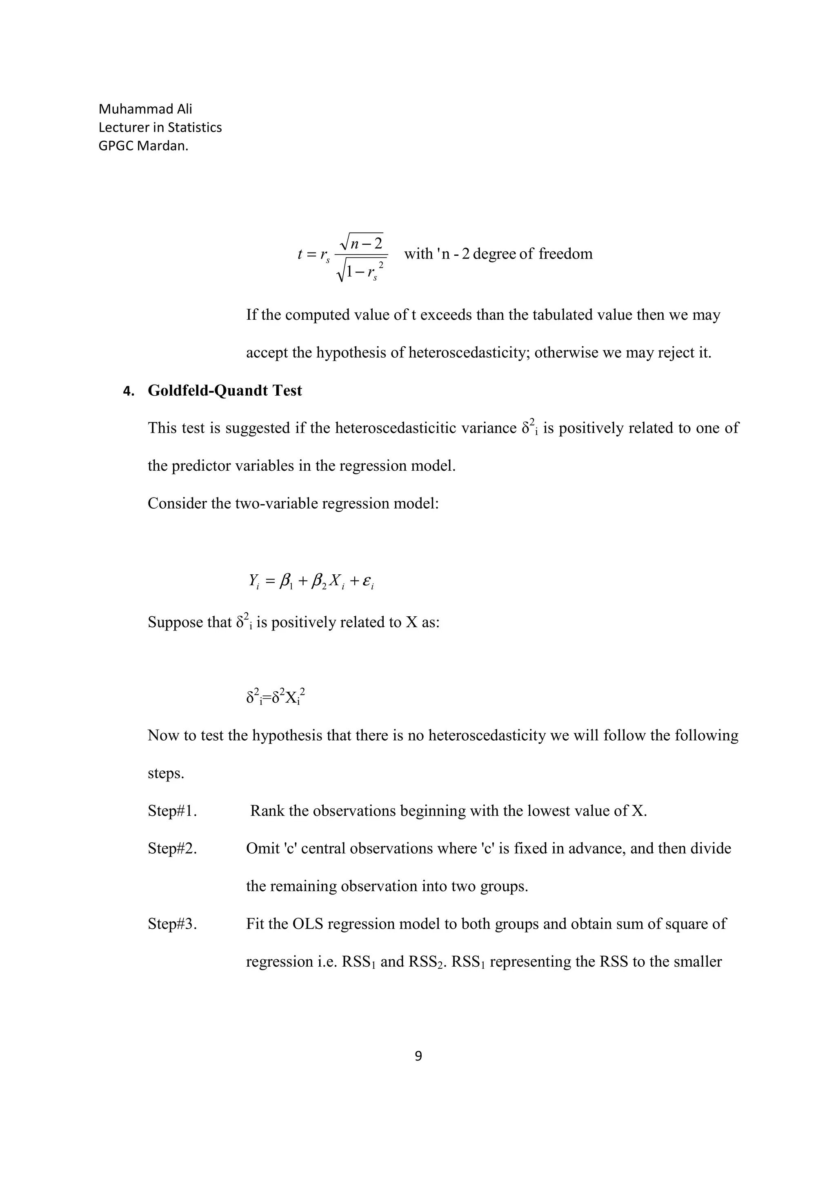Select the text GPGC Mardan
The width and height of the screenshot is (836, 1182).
(x=143, y=146)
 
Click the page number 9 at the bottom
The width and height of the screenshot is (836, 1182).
(x=418, y=1056)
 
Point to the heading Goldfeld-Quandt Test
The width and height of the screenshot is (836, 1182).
(x=225, y=390)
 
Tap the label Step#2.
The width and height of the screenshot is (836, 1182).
(x=172, y=848)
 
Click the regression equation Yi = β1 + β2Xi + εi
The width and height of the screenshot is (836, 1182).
(x=311, y=581)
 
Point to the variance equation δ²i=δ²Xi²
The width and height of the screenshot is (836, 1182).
(x=276, y=697)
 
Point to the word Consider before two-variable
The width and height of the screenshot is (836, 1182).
(x=177, y=503)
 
